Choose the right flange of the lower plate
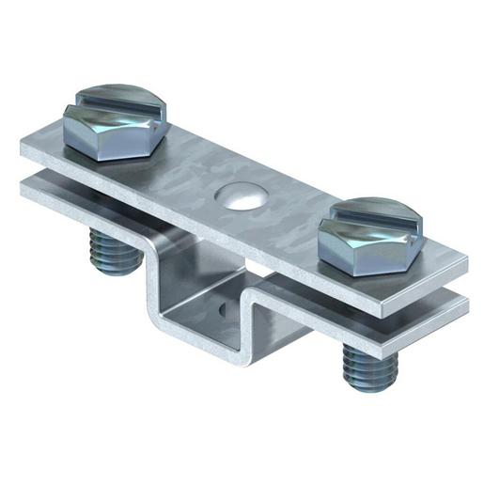[414, 320]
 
